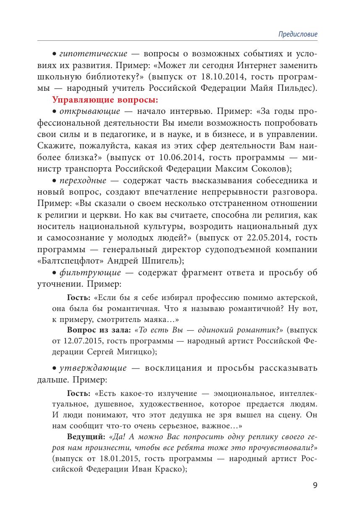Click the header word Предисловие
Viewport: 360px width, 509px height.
click(x=298, y=34)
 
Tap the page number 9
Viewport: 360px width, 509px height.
click(x=315, y=485)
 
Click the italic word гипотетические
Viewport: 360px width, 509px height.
click(x=93, y=54)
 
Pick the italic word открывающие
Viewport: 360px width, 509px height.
click(x=89, y=112)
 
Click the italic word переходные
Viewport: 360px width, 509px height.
click(x=83, y=181)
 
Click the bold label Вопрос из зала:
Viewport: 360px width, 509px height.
click(x=93, y=329)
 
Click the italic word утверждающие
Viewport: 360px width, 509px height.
click(x=93, y=368)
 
